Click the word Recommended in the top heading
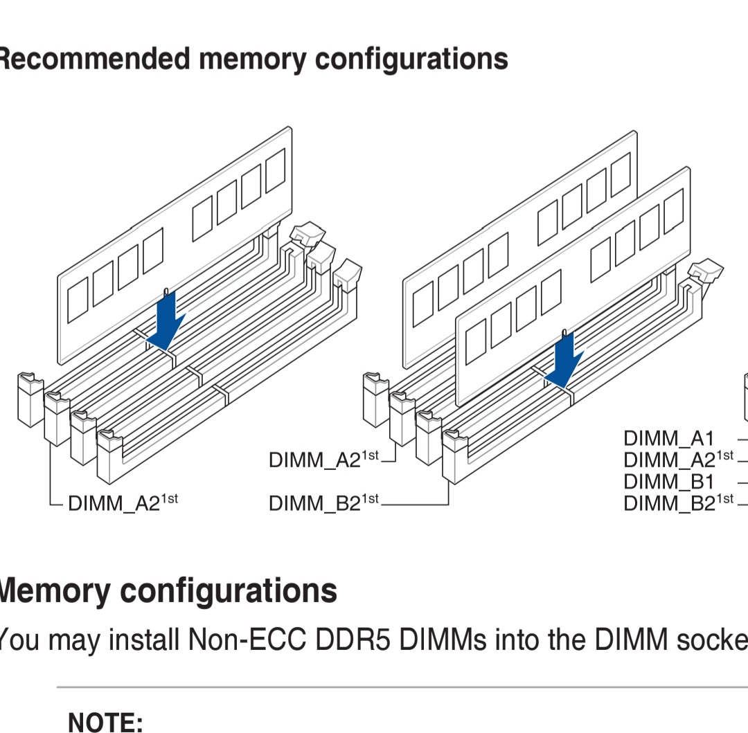pos(94,59)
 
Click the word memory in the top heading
pos(252,60)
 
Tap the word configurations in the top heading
pos(411,60)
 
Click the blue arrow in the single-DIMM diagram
pos(166,320)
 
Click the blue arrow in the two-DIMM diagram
pos(565,360)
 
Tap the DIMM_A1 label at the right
pos(668,438)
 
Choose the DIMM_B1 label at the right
pos(668,481)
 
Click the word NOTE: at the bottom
pos(105,723)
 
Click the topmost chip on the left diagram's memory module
pos(275,170)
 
